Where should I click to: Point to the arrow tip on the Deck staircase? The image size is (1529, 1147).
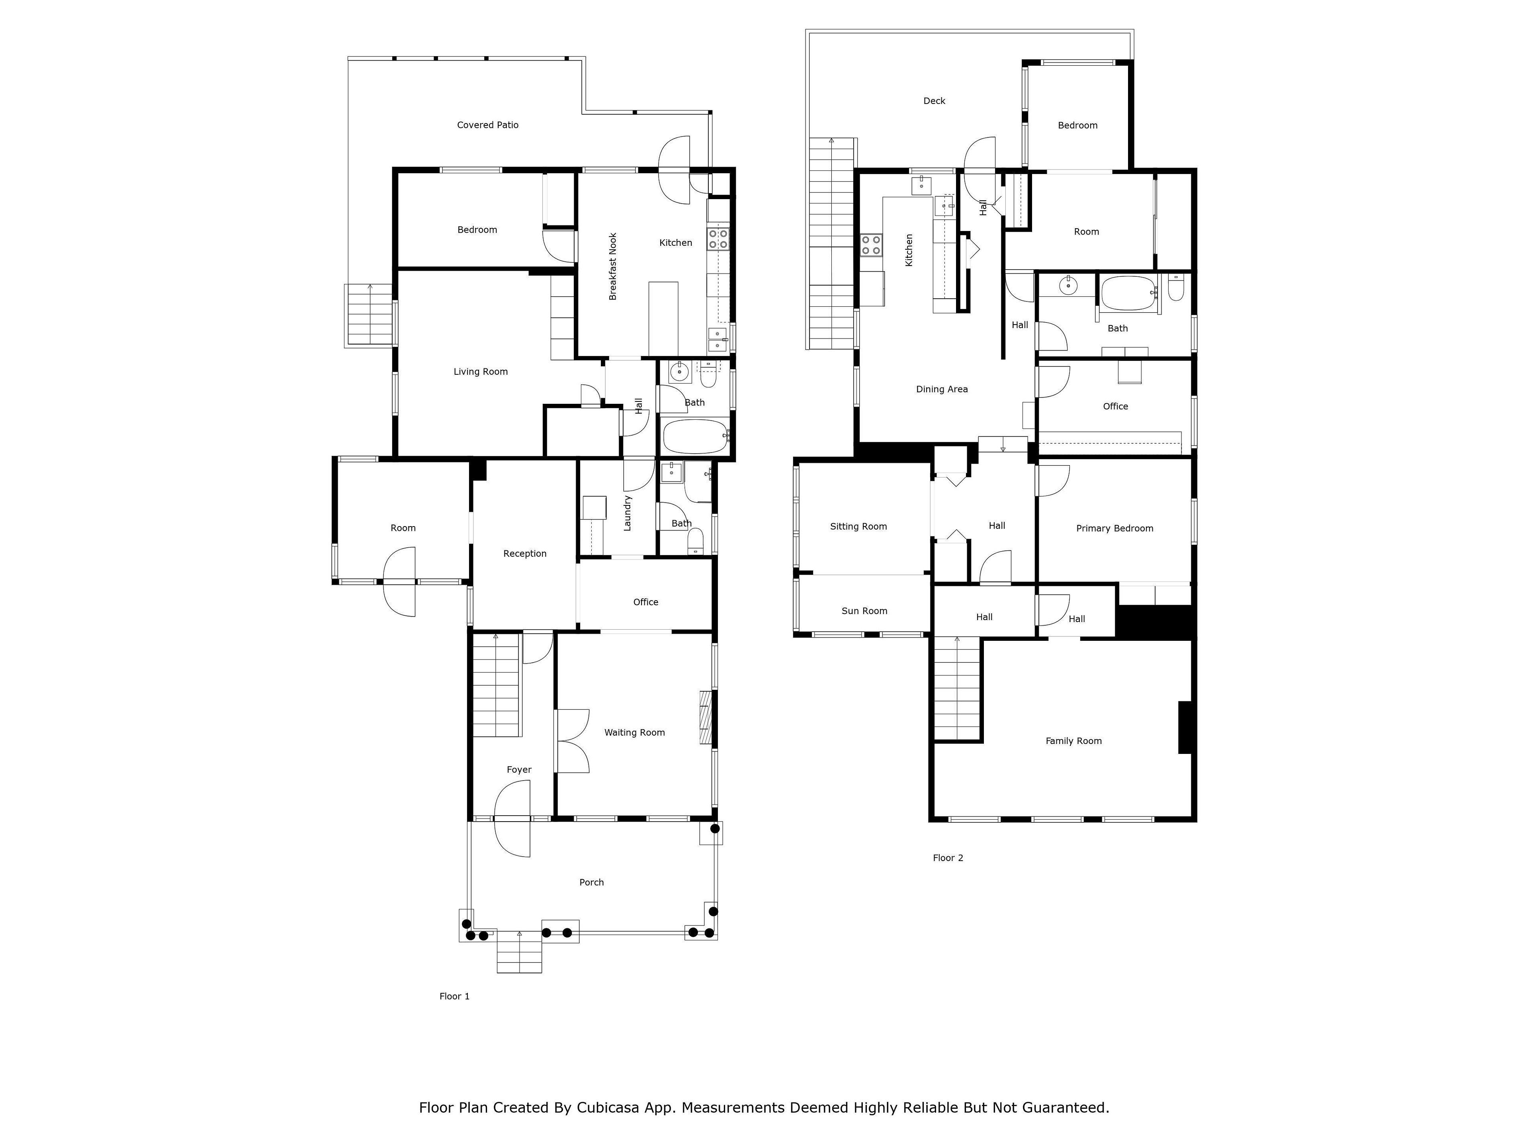point(831,140)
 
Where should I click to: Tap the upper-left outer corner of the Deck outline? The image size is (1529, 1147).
point(806,30)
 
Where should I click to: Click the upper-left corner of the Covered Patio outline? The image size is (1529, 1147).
point(348,57)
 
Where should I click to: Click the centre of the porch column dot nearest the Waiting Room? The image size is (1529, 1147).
point(716,828)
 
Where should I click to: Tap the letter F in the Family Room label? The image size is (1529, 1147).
point(1048,740)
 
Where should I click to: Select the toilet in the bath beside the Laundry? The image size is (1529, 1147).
point(695,541)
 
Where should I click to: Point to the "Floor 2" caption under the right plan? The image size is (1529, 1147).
point(948,858)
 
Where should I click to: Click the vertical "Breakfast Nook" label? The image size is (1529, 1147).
point(612,266)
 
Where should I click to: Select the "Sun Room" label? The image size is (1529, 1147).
point(864,611)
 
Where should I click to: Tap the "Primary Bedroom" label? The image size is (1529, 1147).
point(1114,528)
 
